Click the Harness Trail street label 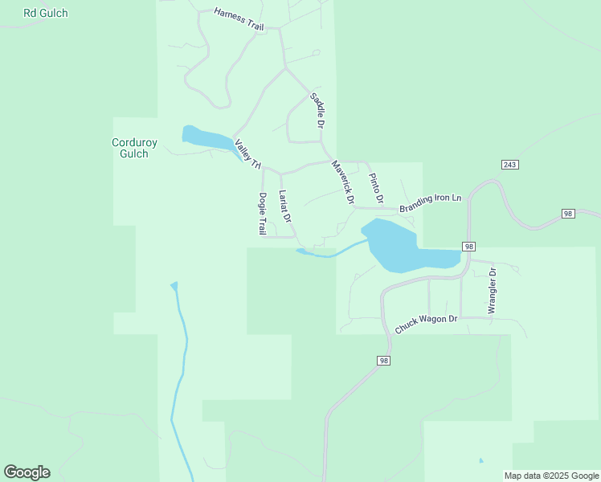(239, 20)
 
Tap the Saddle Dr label (317, 111)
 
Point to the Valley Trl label (248, 154)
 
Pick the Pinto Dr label (375, 187)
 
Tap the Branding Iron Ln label (431, 202)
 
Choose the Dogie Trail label (262, 214)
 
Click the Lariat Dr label (284, 206)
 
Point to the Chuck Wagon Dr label (426, 324)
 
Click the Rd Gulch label (46, 13)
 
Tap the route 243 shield (509, 165)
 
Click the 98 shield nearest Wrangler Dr (468, 246)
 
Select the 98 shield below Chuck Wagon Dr (383, 361)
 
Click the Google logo (27, 472)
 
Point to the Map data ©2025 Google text (550, 476)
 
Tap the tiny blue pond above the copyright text (480, 461)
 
